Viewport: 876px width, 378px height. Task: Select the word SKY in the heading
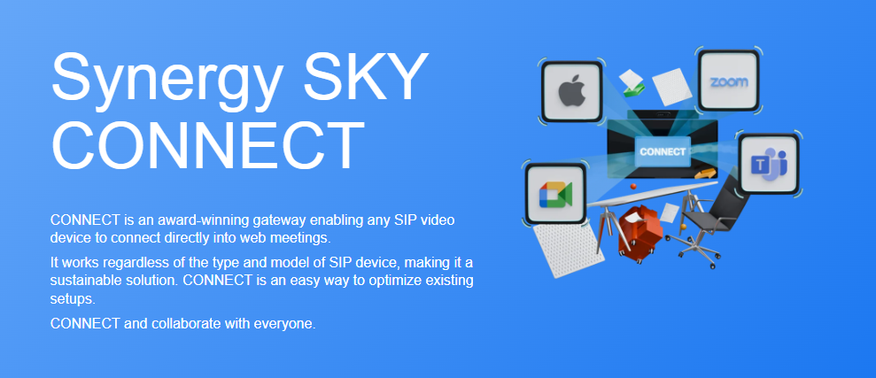point(362,75)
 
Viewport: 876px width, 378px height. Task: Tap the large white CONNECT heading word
point(207,144)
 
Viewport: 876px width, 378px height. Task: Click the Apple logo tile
point(571,91)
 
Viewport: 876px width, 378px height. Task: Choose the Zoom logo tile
point(728,81)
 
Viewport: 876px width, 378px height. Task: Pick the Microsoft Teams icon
point(769,164)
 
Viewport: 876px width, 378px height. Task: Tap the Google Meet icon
point(555,193)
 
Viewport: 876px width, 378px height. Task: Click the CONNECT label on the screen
point(663,151)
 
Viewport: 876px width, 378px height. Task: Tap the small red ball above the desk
point(633,186)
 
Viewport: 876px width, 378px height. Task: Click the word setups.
point(73,298)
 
